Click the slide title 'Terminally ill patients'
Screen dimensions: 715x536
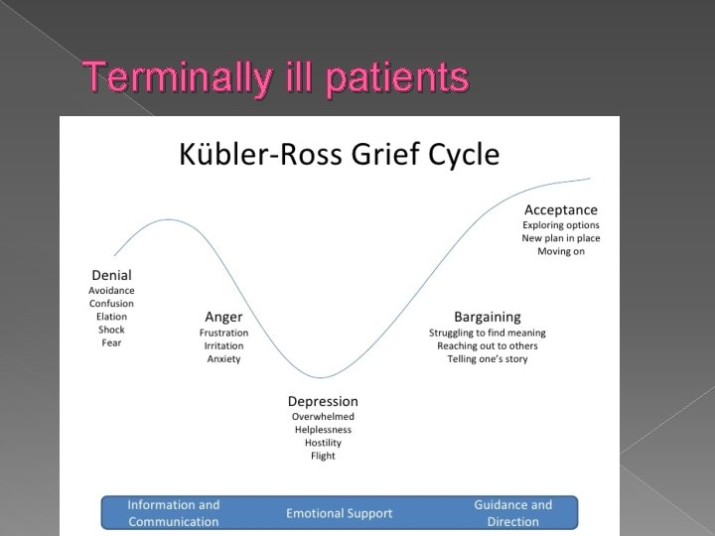pyautogui.click(x=276, y=76)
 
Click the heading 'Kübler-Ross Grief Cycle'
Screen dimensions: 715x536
pyautogui.click(x=339, y=155)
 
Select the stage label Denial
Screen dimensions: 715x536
pyautogui.click(x=111, y=275)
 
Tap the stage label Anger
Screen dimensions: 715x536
pyautogui.click(x=223, y=317)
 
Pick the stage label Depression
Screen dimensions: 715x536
pyautogui.click(x=323, y=401)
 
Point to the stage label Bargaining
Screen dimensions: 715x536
pyautogui.click(x=487, y=317)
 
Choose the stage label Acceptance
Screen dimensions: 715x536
pyautogui.click(x=561, y=209)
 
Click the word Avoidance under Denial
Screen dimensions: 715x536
pyautogui.click(x=111, y=290)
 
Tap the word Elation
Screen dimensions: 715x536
pyautogui.click(x=111, y=317)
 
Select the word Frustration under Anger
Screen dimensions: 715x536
pyautogui.click(x=223, y=333)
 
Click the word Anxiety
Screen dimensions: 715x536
pyautogui.click(x=223, y=358)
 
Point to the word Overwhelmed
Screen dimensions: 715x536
pyautogui.click(x=323, y=417)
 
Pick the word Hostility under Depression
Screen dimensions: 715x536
pyautogui.click(x=323, y=443)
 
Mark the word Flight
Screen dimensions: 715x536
pyautogui.click(x=323, y=456)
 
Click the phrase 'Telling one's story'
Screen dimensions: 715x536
pyautogui.click(x=487, y=358)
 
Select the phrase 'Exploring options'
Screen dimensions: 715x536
pyautogui.click(x=561, y=225)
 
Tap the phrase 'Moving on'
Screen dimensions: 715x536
pyautogui.click(x=561, y=251)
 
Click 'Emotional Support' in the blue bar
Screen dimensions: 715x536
pyautogui.click(x=340, y=513)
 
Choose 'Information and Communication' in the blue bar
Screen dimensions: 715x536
pyautogui.click(x=174, y=513)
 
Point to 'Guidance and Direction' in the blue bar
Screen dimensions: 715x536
pyautogui.click(x=513, y=513)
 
